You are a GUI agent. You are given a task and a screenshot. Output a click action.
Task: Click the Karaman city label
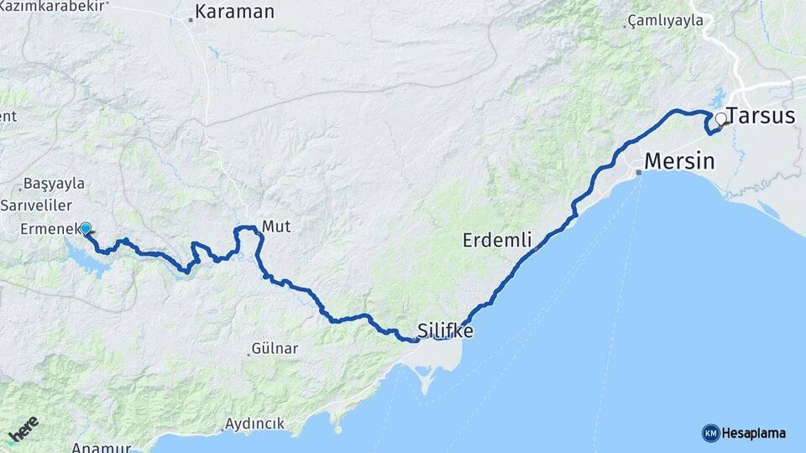click(234, 12)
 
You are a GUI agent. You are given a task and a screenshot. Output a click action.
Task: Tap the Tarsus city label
click(761, 116)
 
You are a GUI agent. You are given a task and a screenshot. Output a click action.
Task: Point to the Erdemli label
click(497, 241)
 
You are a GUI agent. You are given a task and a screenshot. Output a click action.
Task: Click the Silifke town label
click(445, 331)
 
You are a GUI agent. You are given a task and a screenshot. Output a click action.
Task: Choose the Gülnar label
click(275, 347)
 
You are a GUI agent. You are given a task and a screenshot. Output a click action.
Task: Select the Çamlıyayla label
click(665, 21)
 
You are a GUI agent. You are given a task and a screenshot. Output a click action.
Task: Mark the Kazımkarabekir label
click(54, 5)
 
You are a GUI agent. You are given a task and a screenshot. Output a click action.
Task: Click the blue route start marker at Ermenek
click(85, 228)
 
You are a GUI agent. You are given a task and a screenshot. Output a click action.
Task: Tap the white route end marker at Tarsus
click(720, 119)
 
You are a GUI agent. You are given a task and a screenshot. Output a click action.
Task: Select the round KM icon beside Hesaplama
click(710, 433)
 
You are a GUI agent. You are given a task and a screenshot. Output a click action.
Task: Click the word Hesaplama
click(753, 433)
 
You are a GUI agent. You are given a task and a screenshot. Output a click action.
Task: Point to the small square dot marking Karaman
click(191, 19)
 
